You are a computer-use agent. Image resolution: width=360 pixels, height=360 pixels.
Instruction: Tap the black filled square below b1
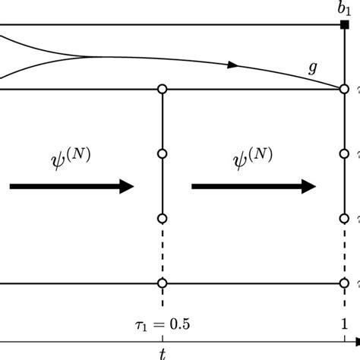[343, 25]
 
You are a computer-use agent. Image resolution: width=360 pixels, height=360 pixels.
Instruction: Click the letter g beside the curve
[312, 68]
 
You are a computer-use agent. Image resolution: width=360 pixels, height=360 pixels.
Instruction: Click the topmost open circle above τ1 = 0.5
[162, 90]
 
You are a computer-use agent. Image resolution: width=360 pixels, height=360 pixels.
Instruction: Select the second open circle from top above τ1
[162, 154]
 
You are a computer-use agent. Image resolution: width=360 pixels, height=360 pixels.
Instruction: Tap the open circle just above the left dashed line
[162, 219]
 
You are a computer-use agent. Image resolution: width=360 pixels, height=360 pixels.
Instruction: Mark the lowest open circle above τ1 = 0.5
[162, 284]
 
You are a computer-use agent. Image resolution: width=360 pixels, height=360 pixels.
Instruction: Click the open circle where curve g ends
[343, 90]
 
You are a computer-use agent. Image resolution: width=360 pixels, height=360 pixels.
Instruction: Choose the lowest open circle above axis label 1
[343, 284]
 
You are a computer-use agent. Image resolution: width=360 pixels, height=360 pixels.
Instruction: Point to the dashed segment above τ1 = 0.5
[162, 251]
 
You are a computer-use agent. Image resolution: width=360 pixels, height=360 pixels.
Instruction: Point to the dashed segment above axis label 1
[343, 251]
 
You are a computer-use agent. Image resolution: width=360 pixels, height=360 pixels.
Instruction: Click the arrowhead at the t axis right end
[355, 340]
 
